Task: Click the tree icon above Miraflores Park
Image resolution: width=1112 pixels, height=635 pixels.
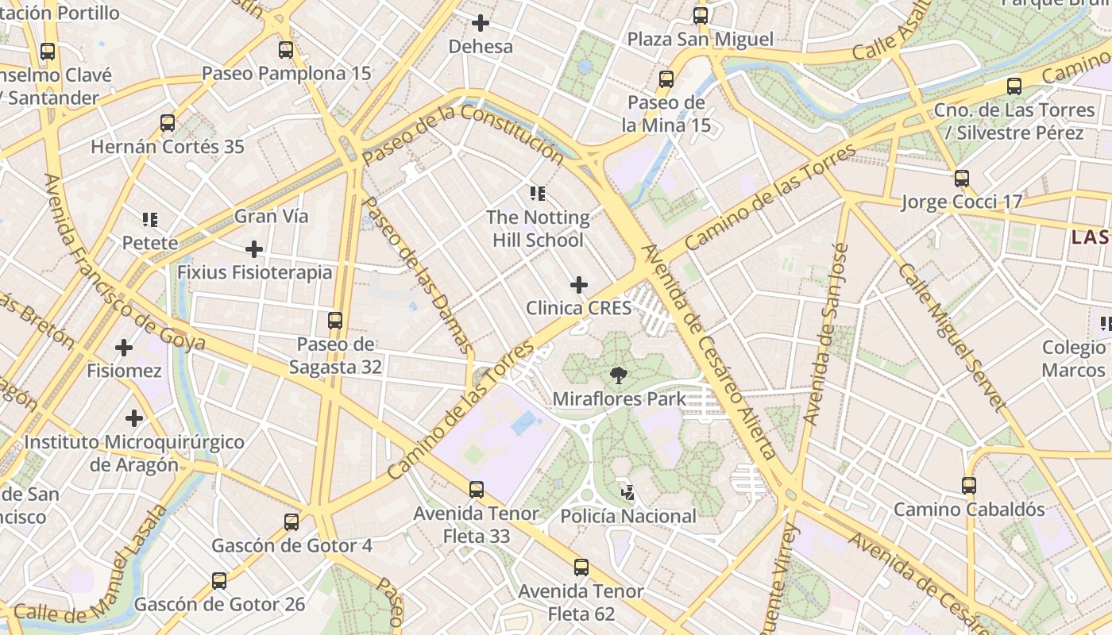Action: [618, 375]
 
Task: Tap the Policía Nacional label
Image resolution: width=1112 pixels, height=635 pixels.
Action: [628, 517]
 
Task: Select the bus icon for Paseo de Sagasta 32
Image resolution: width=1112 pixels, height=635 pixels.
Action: [335, 321]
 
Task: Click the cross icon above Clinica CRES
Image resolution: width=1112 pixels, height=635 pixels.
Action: [579, 285]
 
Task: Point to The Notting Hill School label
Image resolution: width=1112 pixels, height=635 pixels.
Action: [538, 229]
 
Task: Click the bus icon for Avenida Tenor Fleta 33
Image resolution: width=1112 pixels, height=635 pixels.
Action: [477, 490]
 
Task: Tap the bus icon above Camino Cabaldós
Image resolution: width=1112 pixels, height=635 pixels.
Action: [969, 485]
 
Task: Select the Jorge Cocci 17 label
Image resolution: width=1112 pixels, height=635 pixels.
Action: [961, 202]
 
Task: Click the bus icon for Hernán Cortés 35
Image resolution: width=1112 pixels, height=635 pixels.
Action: [168, 123]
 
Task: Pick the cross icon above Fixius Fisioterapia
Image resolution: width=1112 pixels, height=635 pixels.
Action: [254, 250]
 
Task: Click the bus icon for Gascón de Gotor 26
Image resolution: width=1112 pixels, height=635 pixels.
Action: [219, 581]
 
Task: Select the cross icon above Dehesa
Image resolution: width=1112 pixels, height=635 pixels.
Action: [481, 23]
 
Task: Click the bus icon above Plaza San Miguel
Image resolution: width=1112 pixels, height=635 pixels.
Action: [701, 16]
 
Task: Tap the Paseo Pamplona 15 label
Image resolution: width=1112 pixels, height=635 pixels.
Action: [286, 74]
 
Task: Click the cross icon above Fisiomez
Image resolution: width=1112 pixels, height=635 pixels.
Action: [124, 348]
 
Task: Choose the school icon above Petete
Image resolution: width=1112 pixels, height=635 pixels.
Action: [150, 219]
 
